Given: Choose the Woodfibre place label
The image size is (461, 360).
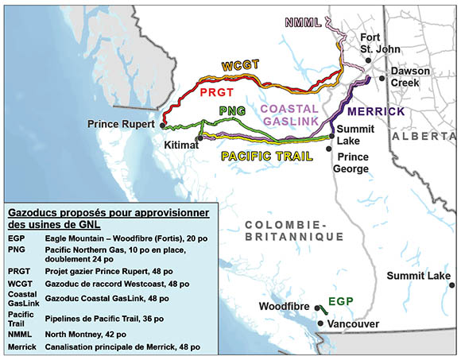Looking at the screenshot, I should coord(282,306).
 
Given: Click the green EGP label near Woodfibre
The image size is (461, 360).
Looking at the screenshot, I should coord(339,302).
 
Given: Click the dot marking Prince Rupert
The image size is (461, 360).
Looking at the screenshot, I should coord(161,125).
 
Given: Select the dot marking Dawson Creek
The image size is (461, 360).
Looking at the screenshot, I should coord(383,75).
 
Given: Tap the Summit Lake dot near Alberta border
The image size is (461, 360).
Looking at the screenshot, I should coord(452,285).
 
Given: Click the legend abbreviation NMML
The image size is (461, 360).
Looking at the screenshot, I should coord(17,334).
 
